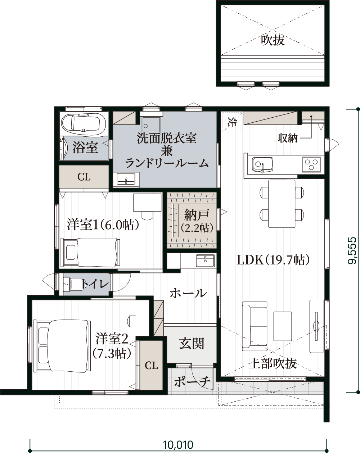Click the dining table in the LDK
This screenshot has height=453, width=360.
[282, 204]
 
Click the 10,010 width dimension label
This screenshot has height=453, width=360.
[178, 443]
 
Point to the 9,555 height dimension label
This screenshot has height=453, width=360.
[352, 250]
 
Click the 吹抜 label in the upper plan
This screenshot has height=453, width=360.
[273, 40]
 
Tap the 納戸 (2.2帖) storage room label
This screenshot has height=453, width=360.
[197, 221]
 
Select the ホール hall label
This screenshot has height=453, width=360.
[188, 293]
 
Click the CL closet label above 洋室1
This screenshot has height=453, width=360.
[84, 177]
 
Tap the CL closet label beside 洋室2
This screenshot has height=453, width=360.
[151, 366]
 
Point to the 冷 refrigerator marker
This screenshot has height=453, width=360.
[232, 122]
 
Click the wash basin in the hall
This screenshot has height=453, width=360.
[206, 261]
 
